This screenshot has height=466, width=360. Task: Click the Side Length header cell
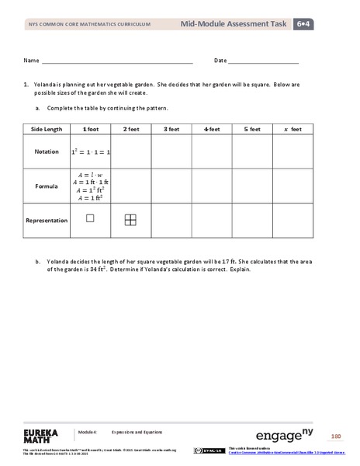47,129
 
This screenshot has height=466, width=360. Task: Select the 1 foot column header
89,129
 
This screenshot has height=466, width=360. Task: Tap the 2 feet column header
130,129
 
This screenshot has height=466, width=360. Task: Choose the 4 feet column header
211,129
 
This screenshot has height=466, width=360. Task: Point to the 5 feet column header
251,129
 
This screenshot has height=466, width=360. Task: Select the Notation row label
47,151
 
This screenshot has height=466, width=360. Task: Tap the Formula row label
47,186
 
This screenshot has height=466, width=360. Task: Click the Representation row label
47,221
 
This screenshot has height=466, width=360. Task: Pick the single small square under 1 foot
90,219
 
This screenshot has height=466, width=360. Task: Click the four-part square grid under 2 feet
130,221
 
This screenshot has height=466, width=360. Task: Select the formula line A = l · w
90,174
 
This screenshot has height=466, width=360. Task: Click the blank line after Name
116,61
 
